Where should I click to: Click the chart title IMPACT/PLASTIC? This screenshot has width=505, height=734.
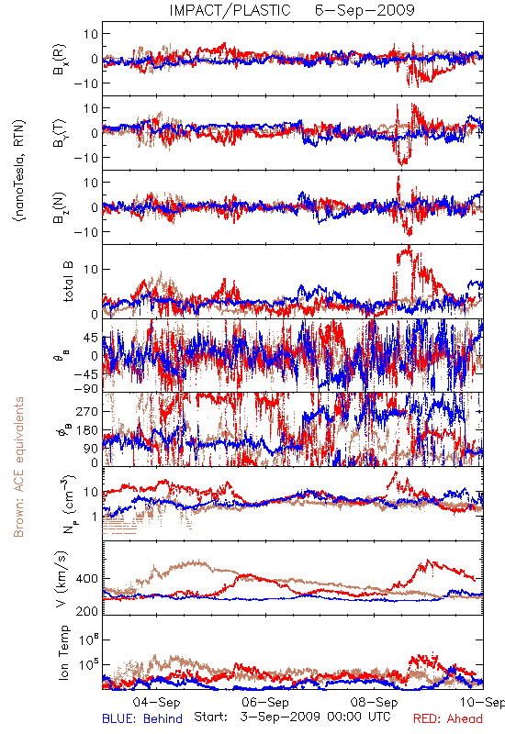(x=230, y=10)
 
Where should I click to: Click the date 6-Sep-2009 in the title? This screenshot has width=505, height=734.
(x=365, y=10)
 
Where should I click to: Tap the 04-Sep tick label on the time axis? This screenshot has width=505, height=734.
(x=156, y=702)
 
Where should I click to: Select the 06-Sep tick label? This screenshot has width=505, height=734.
(x=265, y=702)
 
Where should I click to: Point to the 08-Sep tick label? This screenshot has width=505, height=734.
(x=374, y=702)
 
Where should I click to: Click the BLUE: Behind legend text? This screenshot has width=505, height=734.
(x=142, y=718)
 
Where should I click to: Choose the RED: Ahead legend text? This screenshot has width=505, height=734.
(x=448, y=718)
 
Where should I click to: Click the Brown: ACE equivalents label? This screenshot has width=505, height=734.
(x=18, y=467)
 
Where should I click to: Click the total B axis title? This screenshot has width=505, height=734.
(x=68, y=282)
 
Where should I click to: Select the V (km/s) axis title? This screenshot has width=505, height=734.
(x=62, y=579)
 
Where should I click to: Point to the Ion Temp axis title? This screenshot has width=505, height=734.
(x=63, y=652)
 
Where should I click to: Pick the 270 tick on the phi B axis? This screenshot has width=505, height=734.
(x=87, y=411)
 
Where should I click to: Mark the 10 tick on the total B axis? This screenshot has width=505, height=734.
(x=91, y=269)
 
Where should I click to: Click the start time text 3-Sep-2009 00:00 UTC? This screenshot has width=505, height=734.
(x=315, y=717)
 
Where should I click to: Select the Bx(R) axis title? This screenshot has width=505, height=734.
(x=60, y=59)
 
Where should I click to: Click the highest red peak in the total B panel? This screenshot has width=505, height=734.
(x=410, y=246)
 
